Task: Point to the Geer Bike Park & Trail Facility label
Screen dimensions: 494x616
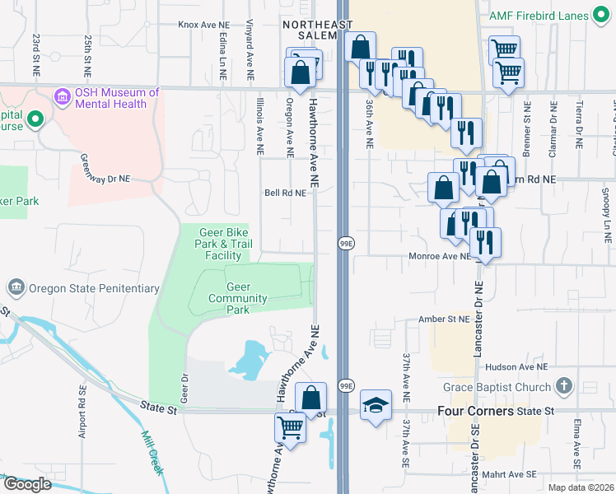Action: pyautogui.click(x=223, y=244)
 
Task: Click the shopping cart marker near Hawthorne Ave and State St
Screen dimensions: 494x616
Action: pyautogui.click(x=290, y=428)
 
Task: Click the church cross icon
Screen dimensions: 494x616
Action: pyautogui.click(x=563, y=386)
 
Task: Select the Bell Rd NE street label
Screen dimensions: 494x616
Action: pyautogui.click(x=285, y=193)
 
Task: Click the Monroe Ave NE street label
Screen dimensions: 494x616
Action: pyautogui.click(x=440, y=257)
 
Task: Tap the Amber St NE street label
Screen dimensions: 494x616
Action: pyautogui.click(x=444, y=319)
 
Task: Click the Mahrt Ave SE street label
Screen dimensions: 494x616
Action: pyautogui.click(x=511, y=473)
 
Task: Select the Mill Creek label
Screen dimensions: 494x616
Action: pyautogui.click(x=153, y=453)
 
